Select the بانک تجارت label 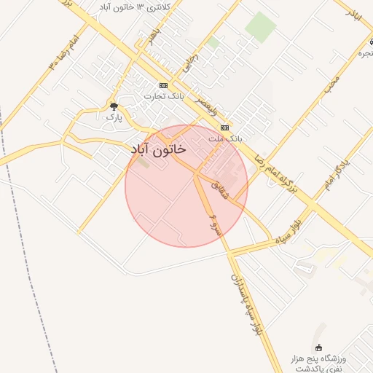[x=162, y=95]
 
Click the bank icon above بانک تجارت [x=163, y=85]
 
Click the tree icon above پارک [x=112, y=106]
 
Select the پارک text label [x=112, y=117]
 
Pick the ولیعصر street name [x=205, y=106]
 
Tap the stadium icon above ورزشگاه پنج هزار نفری [x=318, y=348]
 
